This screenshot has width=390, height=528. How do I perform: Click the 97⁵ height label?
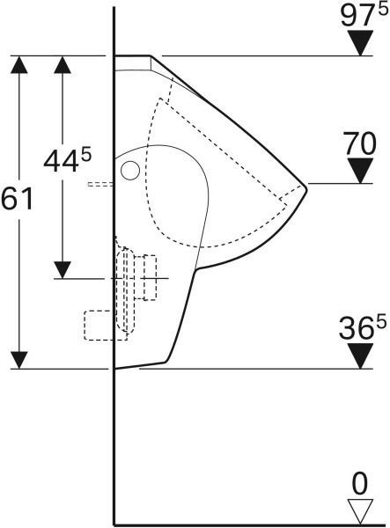(364, 16)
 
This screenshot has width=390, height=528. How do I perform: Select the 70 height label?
(359, 143)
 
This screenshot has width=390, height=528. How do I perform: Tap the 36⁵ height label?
(363, 328)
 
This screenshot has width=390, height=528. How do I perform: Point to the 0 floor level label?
(360, 484)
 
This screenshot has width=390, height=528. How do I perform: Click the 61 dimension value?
(17, 199)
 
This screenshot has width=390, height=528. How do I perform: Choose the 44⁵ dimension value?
(68, 161)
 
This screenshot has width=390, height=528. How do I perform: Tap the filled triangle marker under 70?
(360, 171)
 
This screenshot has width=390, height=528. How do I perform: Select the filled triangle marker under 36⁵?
(360, 356)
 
